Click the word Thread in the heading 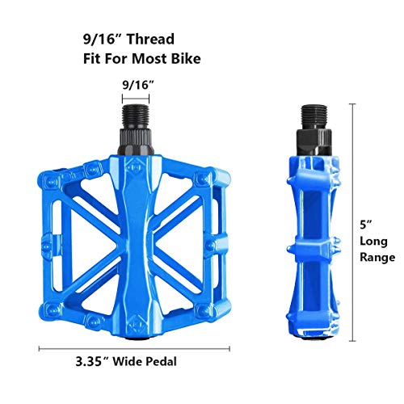[150, 39]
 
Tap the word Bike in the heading [186, 58]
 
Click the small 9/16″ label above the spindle [138, 85]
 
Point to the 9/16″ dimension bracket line [136, 99]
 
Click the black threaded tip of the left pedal [135, 116]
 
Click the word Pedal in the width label [162, 361]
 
